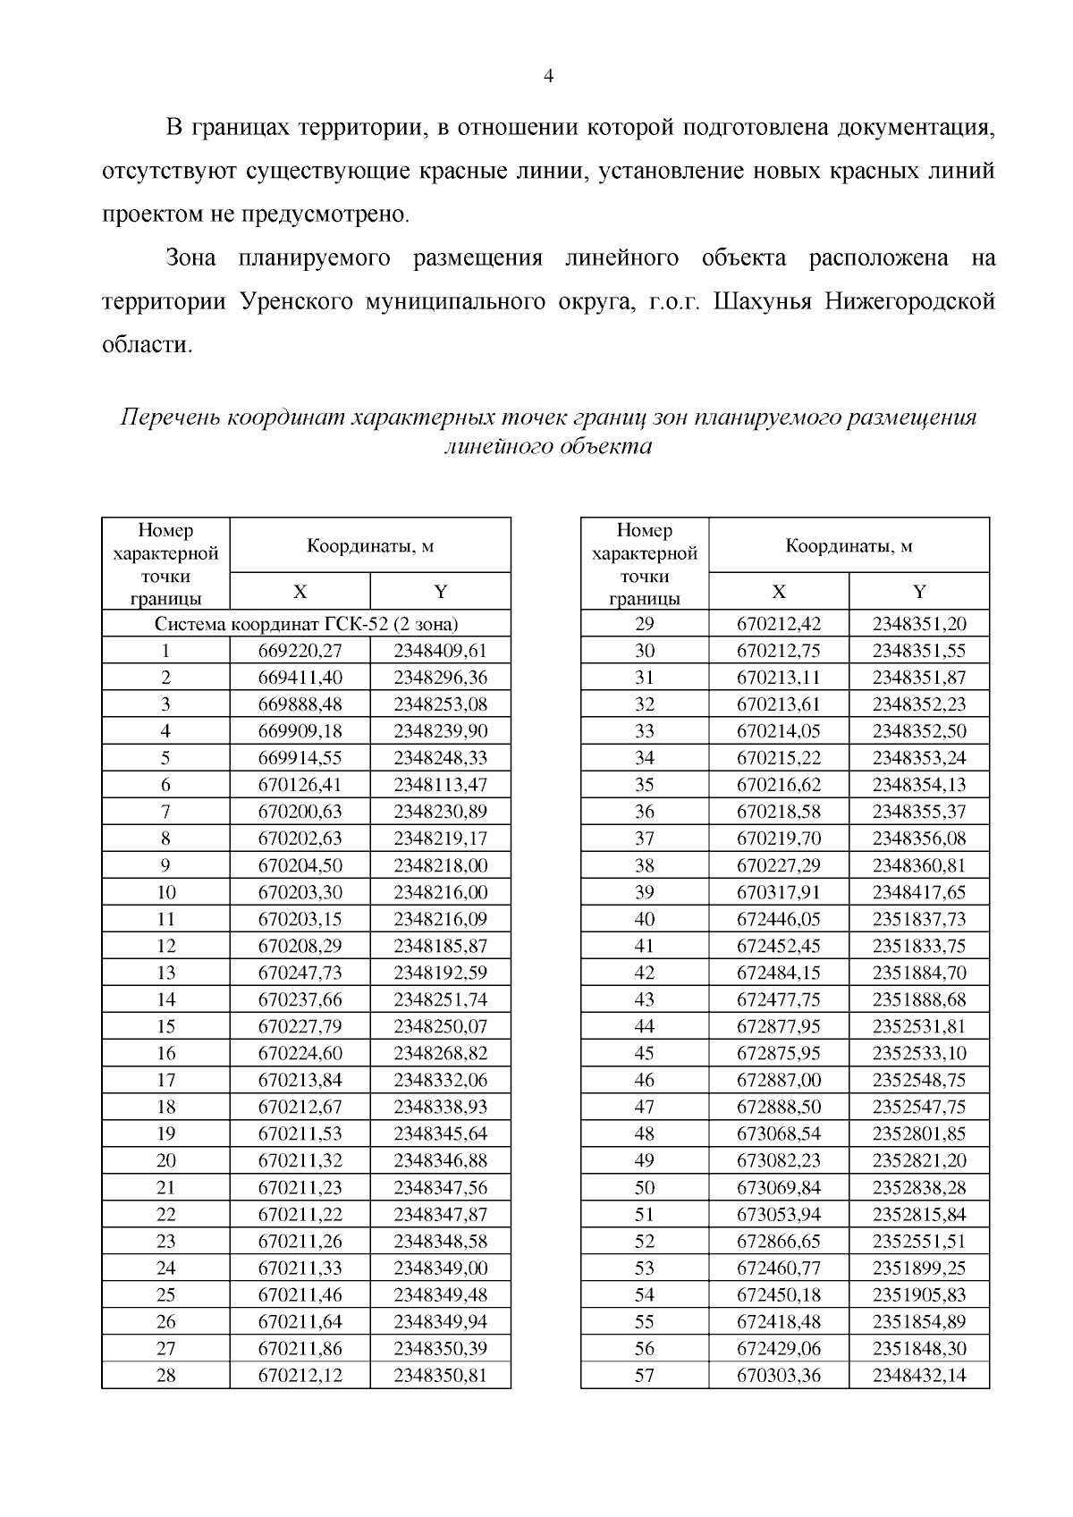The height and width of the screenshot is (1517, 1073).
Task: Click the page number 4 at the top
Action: pos(548,77)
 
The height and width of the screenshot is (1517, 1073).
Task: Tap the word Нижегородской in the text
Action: pos(909,301)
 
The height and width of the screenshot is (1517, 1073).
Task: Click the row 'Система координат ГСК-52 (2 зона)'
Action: pos(307,623)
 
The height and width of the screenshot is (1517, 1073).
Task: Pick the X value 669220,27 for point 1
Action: pos(300,650)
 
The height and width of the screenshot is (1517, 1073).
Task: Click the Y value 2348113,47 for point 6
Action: pos(440,785)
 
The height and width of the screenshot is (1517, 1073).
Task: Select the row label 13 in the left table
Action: pos(165,973)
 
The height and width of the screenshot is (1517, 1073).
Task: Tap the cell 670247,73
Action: pos(300,973)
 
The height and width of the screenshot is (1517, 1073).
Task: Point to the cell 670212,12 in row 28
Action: pos(300,1375)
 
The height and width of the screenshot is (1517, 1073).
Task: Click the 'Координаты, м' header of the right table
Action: pos(849,545)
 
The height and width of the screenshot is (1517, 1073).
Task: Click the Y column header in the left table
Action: pos(440,592)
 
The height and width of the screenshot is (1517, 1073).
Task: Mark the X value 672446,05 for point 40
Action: pos(778,919)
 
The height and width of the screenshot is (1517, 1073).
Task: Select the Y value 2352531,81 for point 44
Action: pos(919,1026)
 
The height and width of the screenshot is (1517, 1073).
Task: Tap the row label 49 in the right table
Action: pos(644,1160)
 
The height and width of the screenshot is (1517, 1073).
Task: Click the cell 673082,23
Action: pos(778,1160)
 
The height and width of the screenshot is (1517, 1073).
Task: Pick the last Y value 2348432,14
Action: pos(919,1375)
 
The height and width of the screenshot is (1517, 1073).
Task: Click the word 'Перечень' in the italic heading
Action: pos(170,417)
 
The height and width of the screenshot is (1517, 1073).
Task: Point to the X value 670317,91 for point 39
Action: pos(778,892)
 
